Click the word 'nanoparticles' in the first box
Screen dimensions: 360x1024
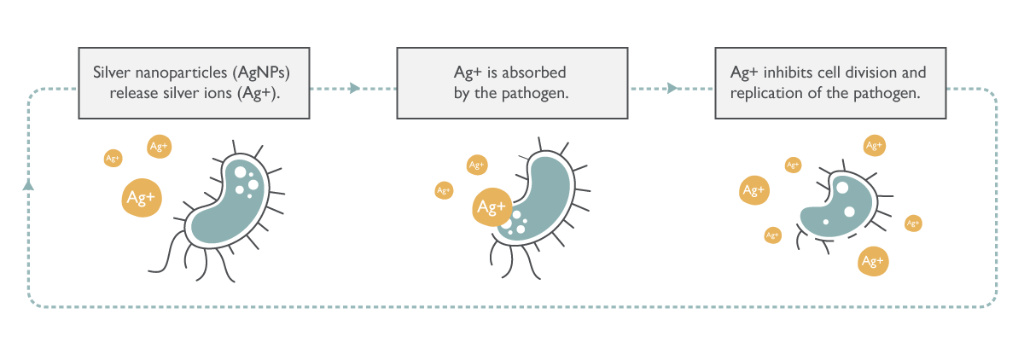[177, 73]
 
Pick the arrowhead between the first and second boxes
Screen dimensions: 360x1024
[354, 87]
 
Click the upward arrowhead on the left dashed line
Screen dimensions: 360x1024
[28, 185]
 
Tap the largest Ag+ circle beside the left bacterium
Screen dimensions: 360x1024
[141, 199]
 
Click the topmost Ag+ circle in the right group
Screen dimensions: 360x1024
[874, 146]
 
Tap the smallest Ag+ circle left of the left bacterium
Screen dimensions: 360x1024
[113, 158]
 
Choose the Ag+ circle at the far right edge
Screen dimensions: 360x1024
[913, 224]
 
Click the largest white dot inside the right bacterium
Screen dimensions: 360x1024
[842, 188]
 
